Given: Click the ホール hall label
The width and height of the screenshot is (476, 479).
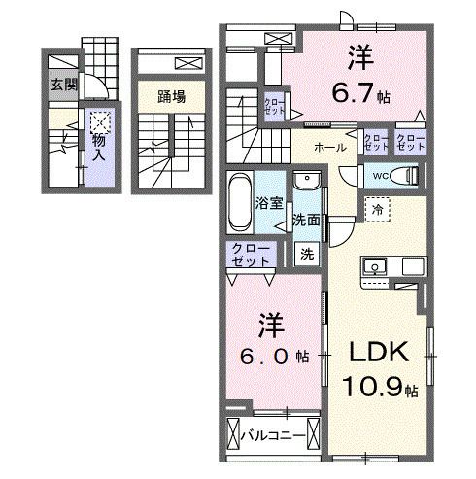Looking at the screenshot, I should [x=328, y=148].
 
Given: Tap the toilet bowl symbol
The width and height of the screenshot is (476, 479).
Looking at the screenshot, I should [x=410, y=176].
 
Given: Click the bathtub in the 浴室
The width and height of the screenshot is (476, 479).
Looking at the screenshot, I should [x=240, y=203].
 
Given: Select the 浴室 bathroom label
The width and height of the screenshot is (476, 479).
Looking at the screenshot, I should [x=268, y=205].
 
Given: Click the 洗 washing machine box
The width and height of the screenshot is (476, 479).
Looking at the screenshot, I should [x=306, y=255].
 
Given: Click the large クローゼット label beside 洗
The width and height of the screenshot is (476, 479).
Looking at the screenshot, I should [x=252, y=256].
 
